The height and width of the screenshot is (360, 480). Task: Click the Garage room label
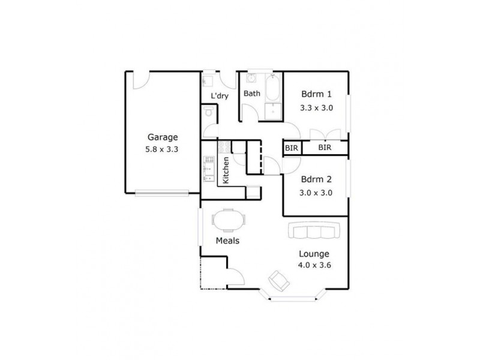click(x=161, y=136)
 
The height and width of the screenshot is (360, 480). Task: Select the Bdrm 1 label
click(x=316, y=94)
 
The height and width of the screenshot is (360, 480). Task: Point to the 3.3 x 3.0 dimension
click(x=316, y=108)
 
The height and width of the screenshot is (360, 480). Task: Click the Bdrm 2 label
click(x=316, y=179)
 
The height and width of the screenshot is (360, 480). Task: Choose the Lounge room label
click(x=313, y=254)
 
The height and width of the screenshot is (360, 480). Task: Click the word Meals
click(x=228, y=241)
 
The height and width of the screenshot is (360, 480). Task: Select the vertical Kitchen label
click(x=226, y=170)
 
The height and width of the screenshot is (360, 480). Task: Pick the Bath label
click(x=251, y=94)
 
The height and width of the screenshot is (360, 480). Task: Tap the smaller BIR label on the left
click(x=292, y=148)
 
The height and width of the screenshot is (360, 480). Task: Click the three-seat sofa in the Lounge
click(x=313, y=230)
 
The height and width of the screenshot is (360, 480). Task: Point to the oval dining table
click(x=229, y=220)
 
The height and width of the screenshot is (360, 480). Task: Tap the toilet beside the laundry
click(x=207, y=112)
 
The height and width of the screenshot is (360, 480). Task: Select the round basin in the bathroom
click(x=251, y=78)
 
